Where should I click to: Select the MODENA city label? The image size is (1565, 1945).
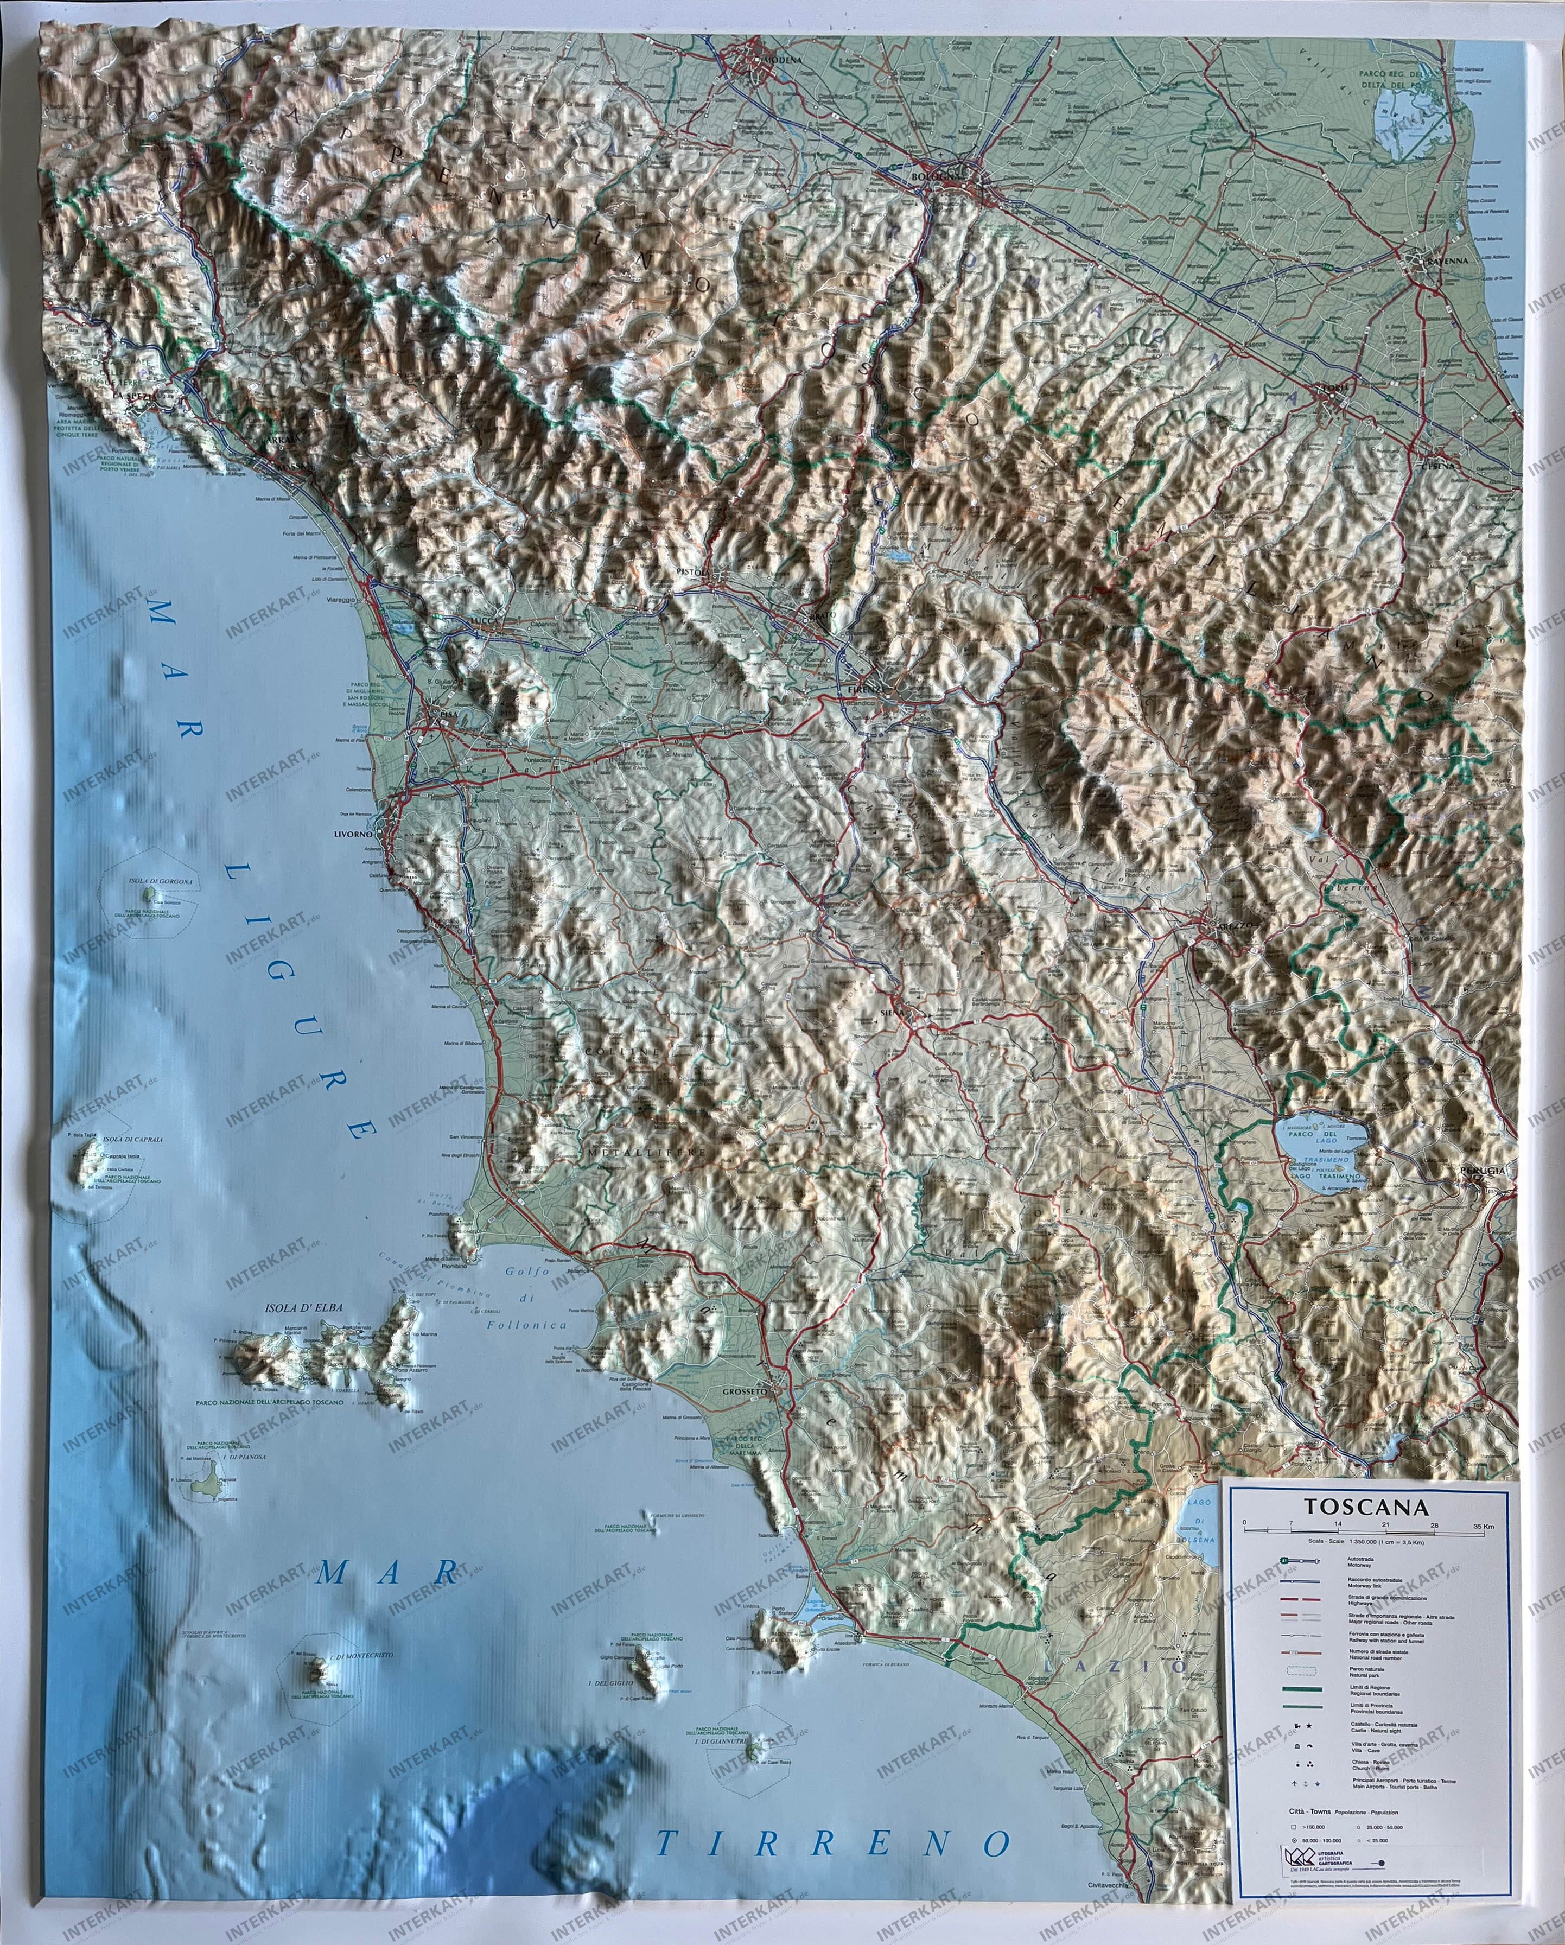coord(781,60)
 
